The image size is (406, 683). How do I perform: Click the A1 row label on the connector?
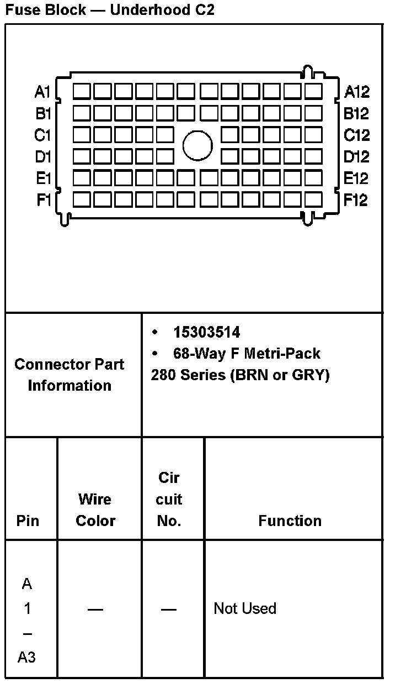point(42,92)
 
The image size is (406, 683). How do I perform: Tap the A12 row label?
point(356,92)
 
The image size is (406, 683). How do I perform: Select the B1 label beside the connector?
point(43,114)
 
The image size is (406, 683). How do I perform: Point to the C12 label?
point(356,135)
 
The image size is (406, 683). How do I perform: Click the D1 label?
point(43,157)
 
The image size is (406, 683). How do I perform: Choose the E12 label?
point(356,178)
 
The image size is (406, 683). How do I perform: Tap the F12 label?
point(356,200)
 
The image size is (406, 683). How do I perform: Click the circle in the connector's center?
point(197,146)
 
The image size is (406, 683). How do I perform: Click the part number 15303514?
point(206,332)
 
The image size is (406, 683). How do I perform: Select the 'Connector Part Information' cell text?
point(70,375)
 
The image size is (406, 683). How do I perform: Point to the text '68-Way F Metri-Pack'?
point(247,353)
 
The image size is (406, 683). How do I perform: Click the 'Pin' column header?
point(28,521)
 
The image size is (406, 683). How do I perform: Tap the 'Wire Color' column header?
point(95,509)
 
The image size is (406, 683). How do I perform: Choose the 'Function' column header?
point(290,521)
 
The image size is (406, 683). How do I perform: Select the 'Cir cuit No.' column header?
point(169,499)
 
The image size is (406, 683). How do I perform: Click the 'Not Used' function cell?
point(245,608)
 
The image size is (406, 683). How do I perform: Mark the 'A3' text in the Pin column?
point(27,657)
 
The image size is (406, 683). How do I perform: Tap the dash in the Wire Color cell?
point(95,609)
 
